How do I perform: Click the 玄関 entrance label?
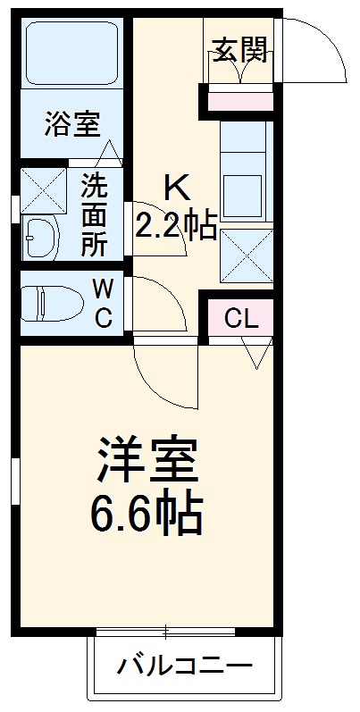pyautogui.click(x=239, y=51)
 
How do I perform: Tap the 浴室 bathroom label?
pyautogui.click(x=71, y=125)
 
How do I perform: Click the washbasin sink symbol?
pyautogui.click(x=42, y=237)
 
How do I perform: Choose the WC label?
pyautogui.click(x=103, y=303)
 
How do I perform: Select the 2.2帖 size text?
pyautogui.click(x=175, y=225)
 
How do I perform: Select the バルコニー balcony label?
pyautogui.click(x=186, y=667)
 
